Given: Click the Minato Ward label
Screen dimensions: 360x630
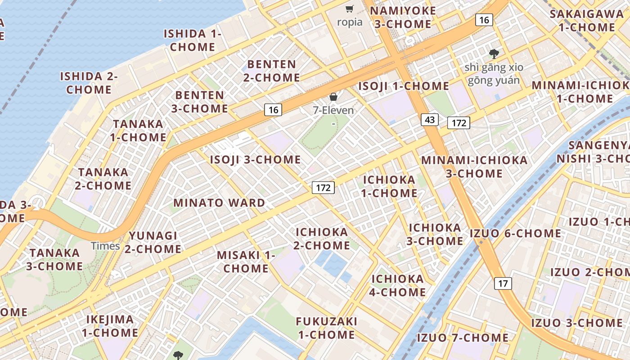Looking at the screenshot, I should (219, 203).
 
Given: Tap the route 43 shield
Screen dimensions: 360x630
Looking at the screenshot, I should (430, 120).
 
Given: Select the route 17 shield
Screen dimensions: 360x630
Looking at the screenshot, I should (503, 283).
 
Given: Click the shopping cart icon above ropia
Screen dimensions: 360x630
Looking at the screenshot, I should (350, 9).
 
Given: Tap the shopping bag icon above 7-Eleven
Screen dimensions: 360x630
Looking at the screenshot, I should (333, 97).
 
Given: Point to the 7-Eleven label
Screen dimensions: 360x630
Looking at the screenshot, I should (333, 110).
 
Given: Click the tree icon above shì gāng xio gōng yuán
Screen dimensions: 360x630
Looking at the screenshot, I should (494, 54).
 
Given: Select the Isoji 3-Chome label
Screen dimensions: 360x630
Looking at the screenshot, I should (255, 160).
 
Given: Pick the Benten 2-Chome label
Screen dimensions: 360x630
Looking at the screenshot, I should (272, 71).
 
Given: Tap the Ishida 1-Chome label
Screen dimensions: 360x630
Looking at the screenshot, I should (193, 40).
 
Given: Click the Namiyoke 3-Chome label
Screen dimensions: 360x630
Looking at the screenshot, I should (403, 18).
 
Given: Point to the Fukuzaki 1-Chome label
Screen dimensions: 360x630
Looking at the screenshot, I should (326, 328).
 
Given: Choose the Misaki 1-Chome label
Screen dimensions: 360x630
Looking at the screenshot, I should (246, 262).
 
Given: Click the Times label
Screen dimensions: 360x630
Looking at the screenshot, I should (105, 246).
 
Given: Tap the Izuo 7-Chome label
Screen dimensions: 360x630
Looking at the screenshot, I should (463, 337).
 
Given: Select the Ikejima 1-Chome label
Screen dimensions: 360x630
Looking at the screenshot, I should (110, 326).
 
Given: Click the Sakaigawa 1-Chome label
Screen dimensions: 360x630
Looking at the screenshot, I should (587, 20).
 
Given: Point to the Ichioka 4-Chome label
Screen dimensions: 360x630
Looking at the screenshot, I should (398, 286).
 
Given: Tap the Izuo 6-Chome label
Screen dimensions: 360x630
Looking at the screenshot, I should (515, 234).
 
